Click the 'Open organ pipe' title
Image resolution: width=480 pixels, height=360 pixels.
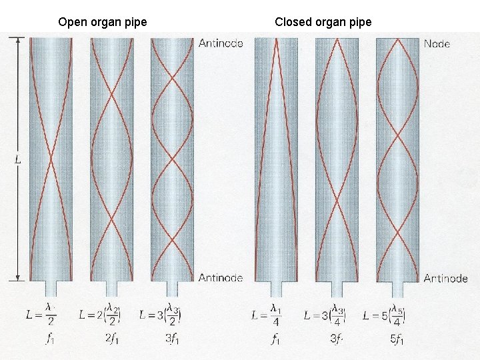pos(103,22)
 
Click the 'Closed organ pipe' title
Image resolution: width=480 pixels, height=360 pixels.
pos(323,22)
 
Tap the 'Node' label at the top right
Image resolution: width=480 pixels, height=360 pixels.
pos(437,44)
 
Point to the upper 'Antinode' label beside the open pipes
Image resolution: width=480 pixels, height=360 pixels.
pos(221,43)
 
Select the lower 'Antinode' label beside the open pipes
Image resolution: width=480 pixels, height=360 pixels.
pos(221,277)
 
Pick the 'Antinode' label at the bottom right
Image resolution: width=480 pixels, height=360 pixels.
pos(445,278)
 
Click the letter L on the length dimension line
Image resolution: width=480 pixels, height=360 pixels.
pos(17,160)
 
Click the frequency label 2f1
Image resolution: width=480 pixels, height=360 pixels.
pos(112,339)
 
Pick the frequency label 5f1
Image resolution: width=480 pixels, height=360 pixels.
pos(397,339)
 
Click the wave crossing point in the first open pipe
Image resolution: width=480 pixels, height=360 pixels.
pos(51,159)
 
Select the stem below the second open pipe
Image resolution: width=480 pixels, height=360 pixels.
pos(111,288)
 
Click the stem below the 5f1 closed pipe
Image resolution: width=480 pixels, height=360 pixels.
pos(397,289)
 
